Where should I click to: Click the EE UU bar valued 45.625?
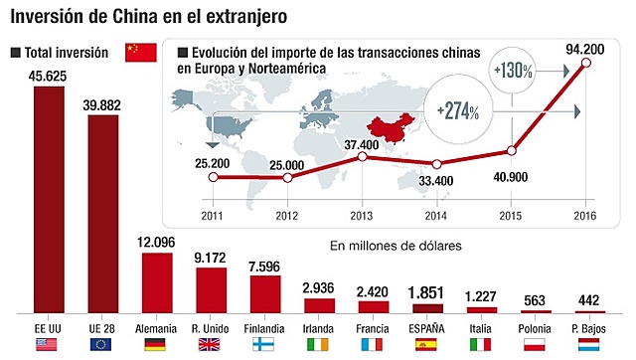(51, 200)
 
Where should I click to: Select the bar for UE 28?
(104, 214)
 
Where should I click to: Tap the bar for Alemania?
(158, 283)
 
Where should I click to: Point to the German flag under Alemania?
(157, 345)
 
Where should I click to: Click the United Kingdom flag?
(211, 345)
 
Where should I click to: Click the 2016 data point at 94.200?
(585, 65)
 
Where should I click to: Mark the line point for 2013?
(363, 157)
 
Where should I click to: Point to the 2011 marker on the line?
(214, 177)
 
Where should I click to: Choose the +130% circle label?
(513, 72)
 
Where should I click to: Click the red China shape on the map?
(389, 126)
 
